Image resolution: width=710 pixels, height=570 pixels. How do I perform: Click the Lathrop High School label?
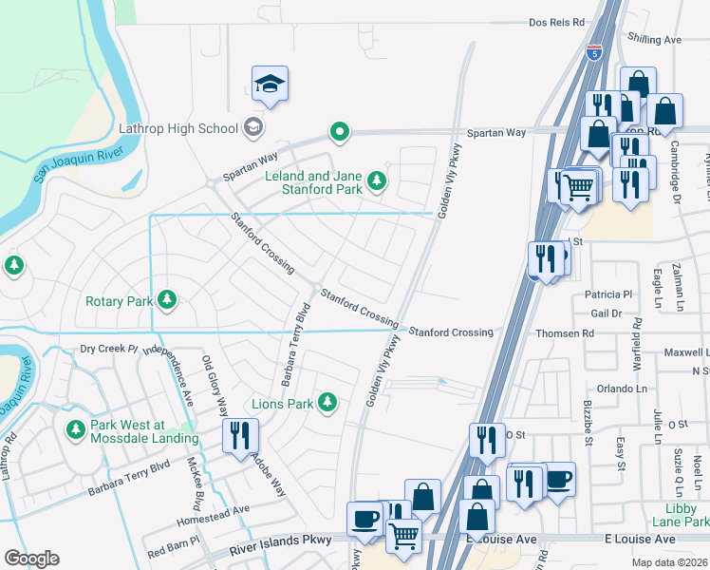tap(178, 127)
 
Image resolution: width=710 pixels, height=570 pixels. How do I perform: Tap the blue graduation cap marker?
tap(271, 85)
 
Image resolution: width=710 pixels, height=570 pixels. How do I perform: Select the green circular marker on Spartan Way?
tap(339, 132)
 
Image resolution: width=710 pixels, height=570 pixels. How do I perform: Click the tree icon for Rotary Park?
tap(168, 301)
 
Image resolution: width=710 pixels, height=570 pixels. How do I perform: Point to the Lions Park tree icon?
tap(327, 404)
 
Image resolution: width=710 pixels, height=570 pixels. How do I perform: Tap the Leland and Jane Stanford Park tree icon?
tap(377, 180)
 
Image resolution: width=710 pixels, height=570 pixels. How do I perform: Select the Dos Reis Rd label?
tap(556, 22)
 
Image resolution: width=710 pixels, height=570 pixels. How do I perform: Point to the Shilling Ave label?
tap(655, 40)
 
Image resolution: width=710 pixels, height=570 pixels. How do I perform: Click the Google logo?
tap(31, 558)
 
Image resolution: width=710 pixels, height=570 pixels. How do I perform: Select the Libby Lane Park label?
tap(681, 516)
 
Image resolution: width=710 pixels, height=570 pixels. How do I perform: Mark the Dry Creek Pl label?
tap(109, 349)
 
